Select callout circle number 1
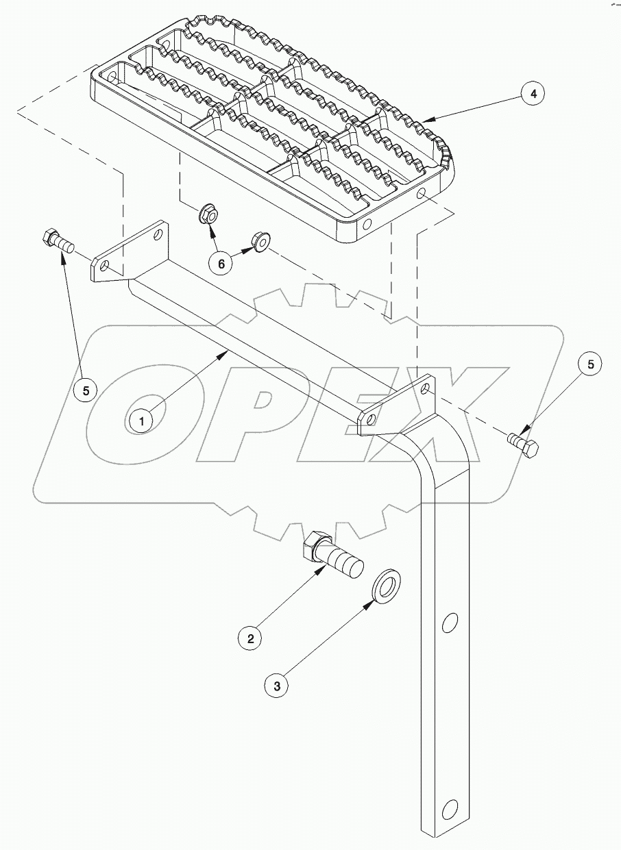[x=142, y=421]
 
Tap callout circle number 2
[x=251, y=638]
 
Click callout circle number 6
[x=221, y=262]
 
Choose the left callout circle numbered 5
[x=86, y=390]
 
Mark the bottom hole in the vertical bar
[x=450, y=810]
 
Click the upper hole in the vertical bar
[x=450, y=623]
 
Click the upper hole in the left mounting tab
[x=159, y=235]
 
